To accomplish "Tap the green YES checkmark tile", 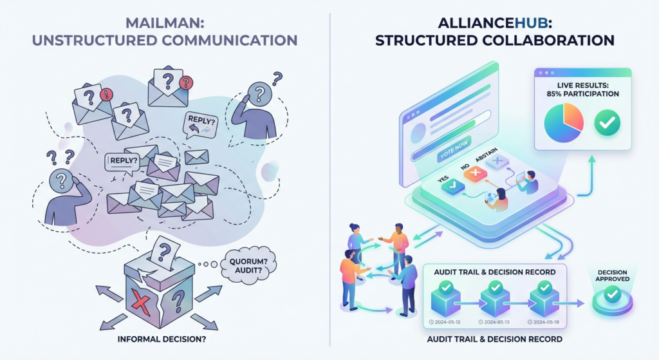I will tap(455, 186).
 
